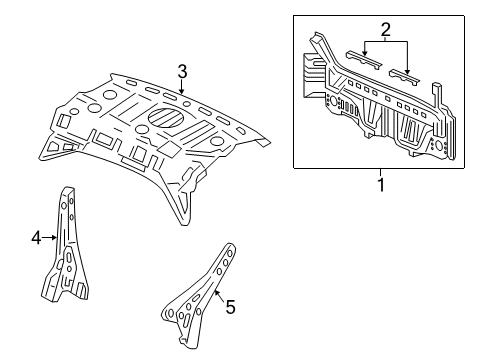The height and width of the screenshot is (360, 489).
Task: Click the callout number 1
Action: pyautogui.click(x=381, y=185)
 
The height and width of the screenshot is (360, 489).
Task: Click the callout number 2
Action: pyautogui.click(x=385, y=30)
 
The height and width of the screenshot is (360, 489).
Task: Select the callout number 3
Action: pyautogui.click(x=182, y=72)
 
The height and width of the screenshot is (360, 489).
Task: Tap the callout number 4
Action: pyautogui.click(x=36, y=238)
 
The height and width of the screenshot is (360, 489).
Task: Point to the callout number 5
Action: pyautogui.click(x=230, y=307)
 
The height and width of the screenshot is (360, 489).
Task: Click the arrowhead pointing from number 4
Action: pyautogui.click(x=55, y=237)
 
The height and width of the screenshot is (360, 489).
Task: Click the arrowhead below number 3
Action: pyautogui.click(x=181, y=91)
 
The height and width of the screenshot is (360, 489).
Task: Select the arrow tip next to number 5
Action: pyautogui.click(x=215, y=291)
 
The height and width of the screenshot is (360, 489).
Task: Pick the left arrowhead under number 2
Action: pyautogui.click(x=364, y=53)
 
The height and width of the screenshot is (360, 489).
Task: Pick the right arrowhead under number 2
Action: pyautogui.click(x=407, y=71)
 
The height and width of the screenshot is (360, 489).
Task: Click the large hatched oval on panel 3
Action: pyautogui.click(x=166, y=117)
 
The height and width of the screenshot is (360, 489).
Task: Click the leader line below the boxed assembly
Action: pyautogui.click(x=380, y=173)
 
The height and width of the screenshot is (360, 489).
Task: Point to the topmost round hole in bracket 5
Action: pyautogui.click(x=230, y=254)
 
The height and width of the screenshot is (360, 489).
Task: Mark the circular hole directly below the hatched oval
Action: pyautogui.click(x=142, y=129)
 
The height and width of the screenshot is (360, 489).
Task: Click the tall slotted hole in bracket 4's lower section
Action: pyautogui.click(x=68, y=258)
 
